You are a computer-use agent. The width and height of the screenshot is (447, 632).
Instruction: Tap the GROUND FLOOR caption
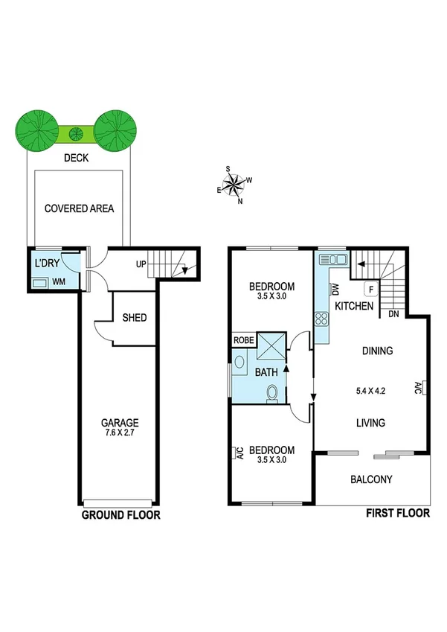point(120,514)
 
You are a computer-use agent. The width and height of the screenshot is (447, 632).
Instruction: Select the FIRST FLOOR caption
point(397,513)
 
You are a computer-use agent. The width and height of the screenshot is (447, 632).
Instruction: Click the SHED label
point(135,318)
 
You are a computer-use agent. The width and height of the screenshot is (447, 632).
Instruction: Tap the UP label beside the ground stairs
point(141,264)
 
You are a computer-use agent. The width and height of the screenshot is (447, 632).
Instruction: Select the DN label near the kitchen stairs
point(394,314)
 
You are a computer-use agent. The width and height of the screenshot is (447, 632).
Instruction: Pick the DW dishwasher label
point(335,289)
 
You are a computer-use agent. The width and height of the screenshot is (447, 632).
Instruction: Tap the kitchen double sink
point(332,260)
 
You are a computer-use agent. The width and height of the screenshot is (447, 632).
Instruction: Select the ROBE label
point(243,340)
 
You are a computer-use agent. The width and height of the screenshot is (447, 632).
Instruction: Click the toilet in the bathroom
point(274,392)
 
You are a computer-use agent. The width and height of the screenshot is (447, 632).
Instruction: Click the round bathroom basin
point(239,363)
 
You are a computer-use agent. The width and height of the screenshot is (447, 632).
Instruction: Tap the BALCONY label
point(371,479)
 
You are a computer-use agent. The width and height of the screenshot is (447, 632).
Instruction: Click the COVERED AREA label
point(79,208)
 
